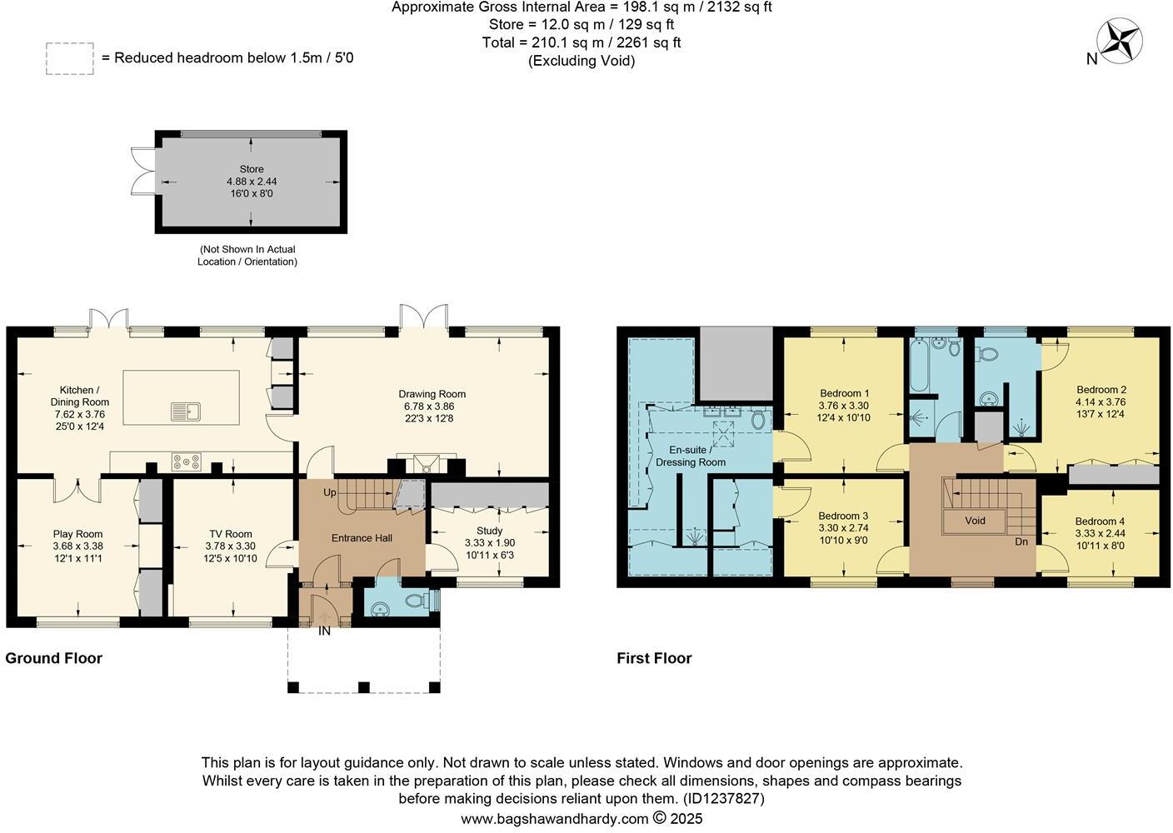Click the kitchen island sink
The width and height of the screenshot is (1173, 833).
(185, 411)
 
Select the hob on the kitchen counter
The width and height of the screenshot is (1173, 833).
(185, 461)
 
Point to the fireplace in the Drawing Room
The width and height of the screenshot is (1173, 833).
(427, 464)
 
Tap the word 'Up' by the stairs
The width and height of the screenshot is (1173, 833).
(330, 492)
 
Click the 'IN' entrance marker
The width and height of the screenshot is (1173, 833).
(324, 631)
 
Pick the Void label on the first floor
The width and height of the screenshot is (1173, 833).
(975, 521)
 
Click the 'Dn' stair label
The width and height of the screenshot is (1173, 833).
(1021, 541)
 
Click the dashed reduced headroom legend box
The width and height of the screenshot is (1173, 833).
(69, 58)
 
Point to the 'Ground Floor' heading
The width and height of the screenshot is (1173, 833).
(53, 658)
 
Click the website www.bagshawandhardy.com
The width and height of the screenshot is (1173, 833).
(554, 819)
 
